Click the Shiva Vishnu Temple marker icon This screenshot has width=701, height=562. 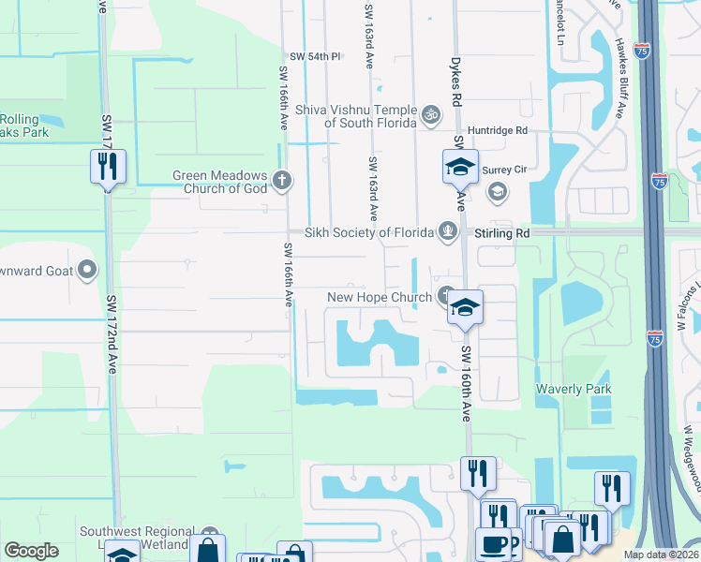(x=431, y=115)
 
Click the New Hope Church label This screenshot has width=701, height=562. (x=379, y=298)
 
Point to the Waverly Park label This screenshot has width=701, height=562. (x=574, y=389)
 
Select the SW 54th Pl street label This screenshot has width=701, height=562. (x=314, y=57)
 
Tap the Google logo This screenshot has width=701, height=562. (x=31, y=552)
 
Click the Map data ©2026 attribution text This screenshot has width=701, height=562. (x=659, y=555)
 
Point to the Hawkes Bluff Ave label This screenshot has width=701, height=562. (x=619, y=80)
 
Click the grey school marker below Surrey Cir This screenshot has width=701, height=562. (x=497, y=193)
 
